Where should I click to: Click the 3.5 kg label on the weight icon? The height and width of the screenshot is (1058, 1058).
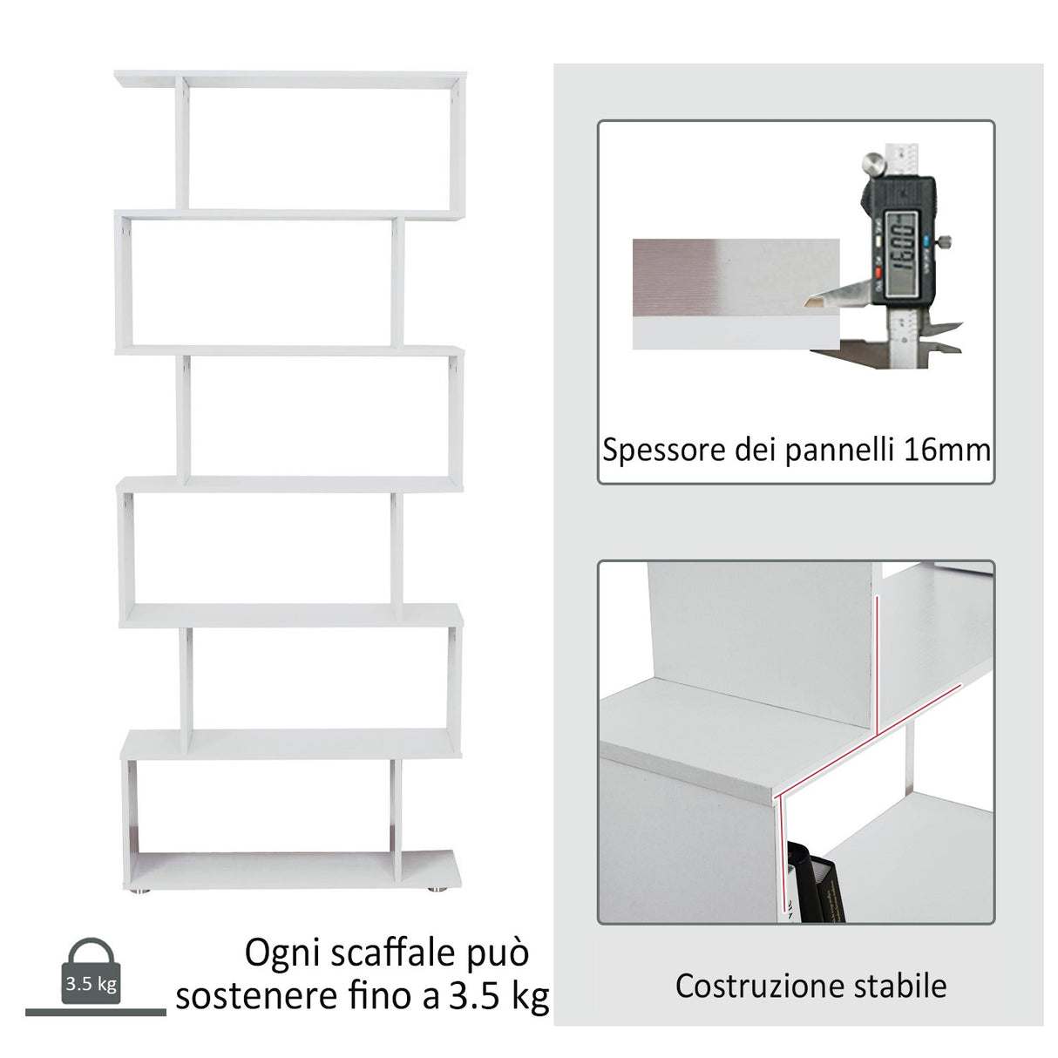point(91,985)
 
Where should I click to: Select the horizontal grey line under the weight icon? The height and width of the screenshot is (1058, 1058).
point(95,1012)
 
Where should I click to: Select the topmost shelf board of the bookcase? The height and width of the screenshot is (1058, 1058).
point(289,79)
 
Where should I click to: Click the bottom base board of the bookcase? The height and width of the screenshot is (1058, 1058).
point(289,868)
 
